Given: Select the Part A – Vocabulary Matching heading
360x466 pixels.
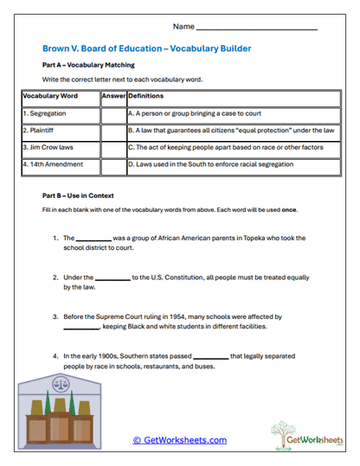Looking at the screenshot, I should point(86,65).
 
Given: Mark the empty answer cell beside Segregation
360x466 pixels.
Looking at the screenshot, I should point(112,112).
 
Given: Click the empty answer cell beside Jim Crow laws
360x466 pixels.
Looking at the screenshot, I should point(112,146).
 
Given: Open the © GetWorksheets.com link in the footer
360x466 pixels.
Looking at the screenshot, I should point(179,440).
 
